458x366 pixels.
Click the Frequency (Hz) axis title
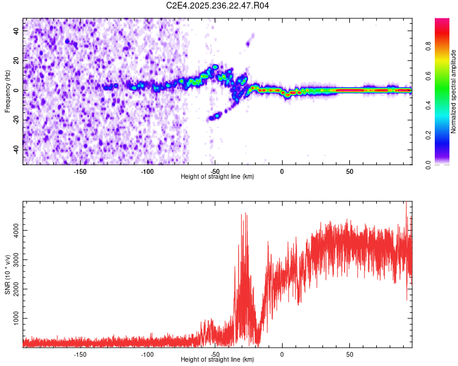click(7, 91)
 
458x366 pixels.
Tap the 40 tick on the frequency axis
click(16, 32)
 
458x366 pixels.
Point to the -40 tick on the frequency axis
click(16, 149)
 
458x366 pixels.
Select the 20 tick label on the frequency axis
click(16, 61)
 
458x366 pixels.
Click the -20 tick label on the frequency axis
click(16, 120)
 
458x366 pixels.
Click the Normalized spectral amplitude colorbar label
click(454, 91)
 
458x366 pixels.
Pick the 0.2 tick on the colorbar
click(445, 135)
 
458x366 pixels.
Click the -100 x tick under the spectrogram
click(147, 171)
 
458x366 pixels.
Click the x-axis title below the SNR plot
click(217, 360)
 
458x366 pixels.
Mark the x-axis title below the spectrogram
click(217, 177)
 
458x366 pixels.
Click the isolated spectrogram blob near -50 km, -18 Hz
click(214, 116)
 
